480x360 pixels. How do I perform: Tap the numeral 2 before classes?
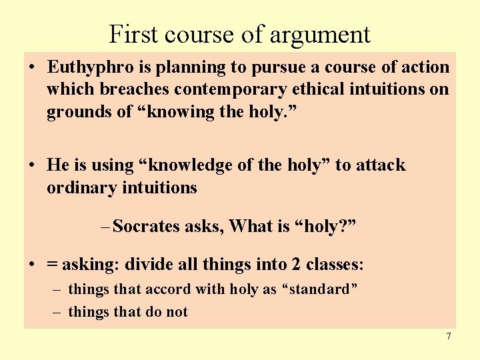click(x=295, y=265)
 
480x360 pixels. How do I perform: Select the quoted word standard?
click(x=322, y=289)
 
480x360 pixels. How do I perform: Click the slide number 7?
click(x=449, y=336)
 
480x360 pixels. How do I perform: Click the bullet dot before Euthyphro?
click(x=32, y=68)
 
